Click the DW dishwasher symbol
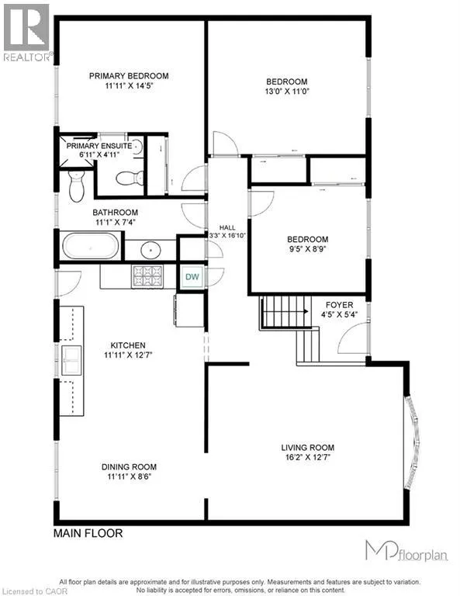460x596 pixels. pos(192,277)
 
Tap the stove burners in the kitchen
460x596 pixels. pos(147,276)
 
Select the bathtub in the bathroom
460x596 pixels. pos(91,246)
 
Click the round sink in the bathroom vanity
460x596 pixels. pos(150,250)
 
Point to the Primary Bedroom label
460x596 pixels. pos(129,75)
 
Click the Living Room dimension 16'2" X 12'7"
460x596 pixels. pos(308,457)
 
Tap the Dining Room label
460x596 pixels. pos(129,466)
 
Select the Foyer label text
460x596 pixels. pos(339,305)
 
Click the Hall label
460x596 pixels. pos(227,227)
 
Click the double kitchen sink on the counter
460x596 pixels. pos(71,360)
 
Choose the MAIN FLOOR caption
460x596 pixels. pos(88,533)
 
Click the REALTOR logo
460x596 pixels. pos(27,33)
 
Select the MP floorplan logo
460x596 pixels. pos(406,550)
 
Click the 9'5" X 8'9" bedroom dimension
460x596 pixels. pos(308,249)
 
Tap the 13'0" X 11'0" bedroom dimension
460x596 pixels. pos(287,92)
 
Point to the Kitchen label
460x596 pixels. pos(128,345)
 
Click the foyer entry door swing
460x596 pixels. pos(352,338)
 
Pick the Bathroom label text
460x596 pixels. pos(115,213)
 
